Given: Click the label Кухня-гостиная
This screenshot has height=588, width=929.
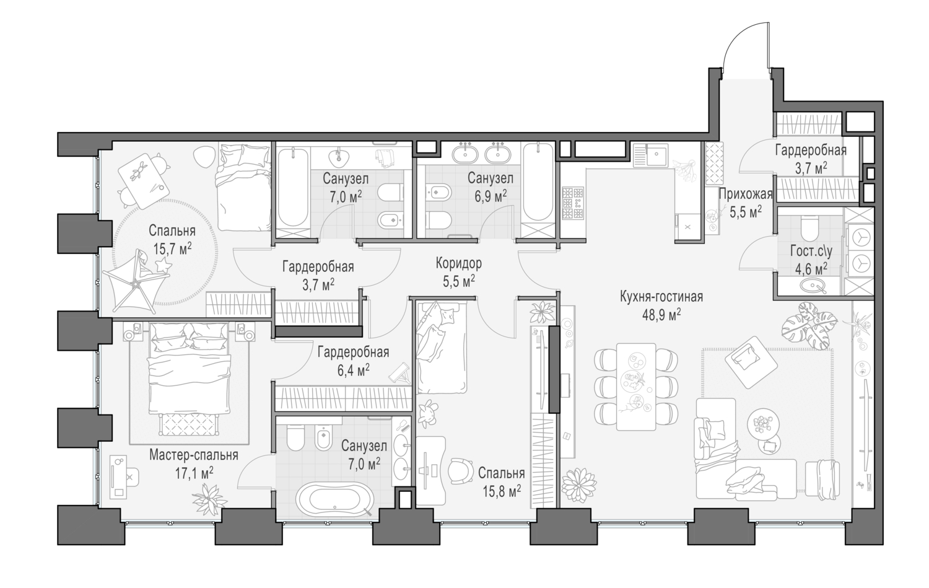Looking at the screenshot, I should [661, 297].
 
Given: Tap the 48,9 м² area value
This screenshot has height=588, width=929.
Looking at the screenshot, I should [661, 313].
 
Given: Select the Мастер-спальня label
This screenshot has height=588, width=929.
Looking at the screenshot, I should [193, 455].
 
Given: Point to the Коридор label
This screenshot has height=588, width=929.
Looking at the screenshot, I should [458, 263].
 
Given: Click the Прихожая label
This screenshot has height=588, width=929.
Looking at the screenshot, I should [745, 194].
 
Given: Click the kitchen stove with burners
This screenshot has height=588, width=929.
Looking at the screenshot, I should [572, 203].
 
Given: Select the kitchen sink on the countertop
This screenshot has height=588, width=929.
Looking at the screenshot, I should [649, 155].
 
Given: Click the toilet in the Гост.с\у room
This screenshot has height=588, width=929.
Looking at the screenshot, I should [809, 228].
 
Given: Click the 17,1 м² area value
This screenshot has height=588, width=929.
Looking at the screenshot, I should [193, 472].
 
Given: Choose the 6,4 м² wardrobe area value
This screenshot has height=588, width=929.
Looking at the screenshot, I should [353, 369].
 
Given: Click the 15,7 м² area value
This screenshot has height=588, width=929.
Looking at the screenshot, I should [172, 247].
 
